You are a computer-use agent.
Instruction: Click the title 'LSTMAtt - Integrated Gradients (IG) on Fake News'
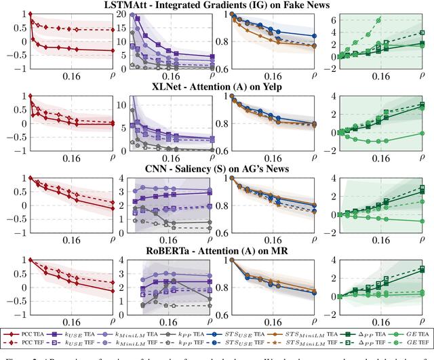(x=216, y=5)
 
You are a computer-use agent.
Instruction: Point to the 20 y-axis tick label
(x=123, y=14)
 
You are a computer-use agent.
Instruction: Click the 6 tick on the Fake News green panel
(x=332, y=20)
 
